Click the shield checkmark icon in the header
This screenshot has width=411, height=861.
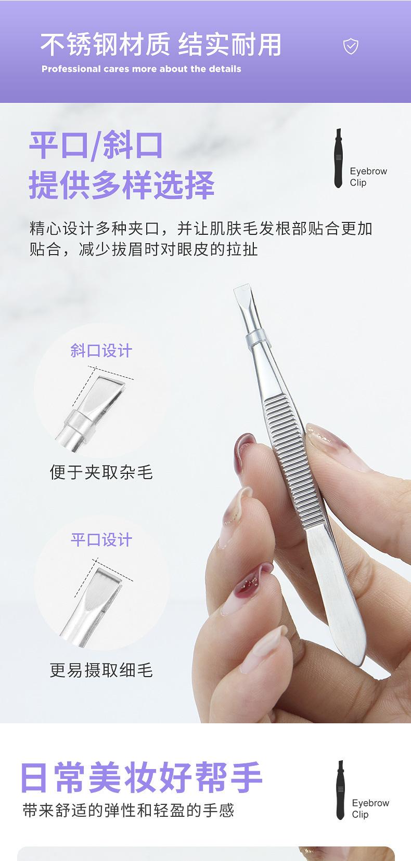click(351, 47)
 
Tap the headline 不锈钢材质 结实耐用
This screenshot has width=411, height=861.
click(161, 44)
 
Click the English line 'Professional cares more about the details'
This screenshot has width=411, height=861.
click(141, 69)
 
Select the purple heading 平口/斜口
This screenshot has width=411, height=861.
click(96, 145)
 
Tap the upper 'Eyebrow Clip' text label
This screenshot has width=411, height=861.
click(367, 177)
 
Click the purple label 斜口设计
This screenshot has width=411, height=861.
click(101, 351)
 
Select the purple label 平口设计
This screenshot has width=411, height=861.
click(101, 540)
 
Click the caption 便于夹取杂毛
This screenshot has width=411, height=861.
click(101, 472)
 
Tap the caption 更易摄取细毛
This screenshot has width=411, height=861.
click(101, 670)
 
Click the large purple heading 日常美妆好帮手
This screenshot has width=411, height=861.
click(141, 777)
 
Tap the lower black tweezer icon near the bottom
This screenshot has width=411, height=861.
click(340, 790)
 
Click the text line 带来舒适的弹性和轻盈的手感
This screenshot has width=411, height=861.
click(129, 810)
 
